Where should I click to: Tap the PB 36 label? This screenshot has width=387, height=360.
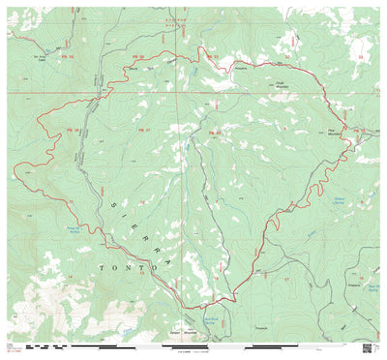pyautogui.click(x=137, y=57)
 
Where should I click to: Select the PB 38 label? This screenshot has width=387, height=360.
pyautogui.click(x=72, y=129)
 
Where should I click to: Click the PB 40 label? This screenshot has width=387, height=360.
pyautogui.click(x=215, y=132)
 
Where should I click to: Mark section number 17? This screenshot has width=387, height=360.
pyautogui.click(x=286, y=278)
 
